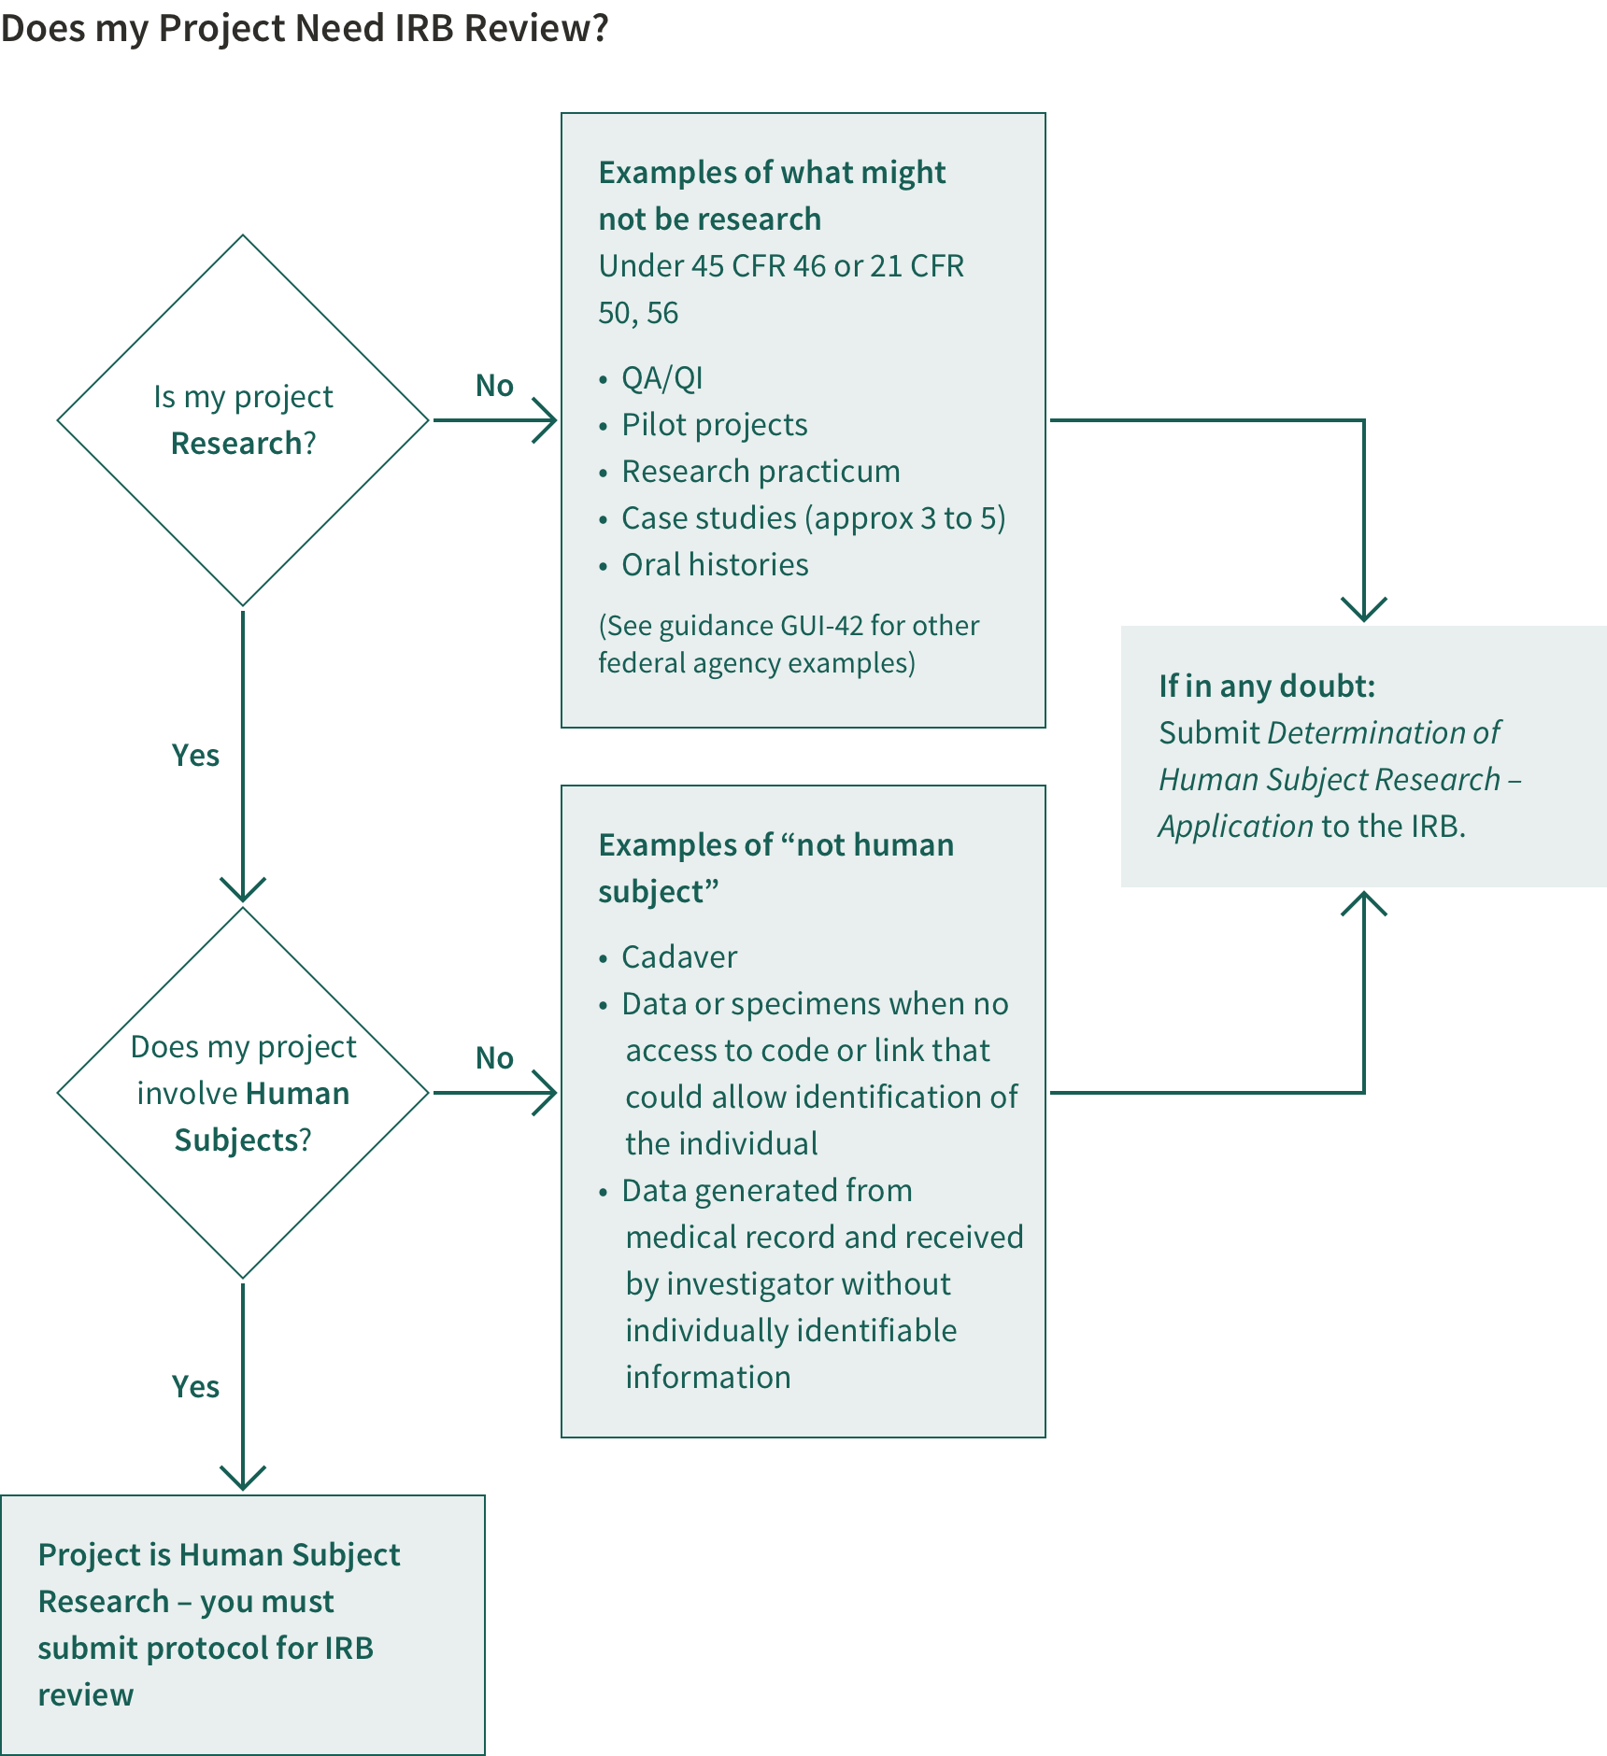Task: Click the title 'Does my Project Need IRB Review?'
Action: tap(305, 28)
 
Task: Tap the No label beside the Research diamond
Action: tap(494, 385)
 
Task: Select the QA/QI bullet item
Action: tap(661, 378)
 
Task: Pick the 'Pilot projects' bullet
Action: tap(714, 425)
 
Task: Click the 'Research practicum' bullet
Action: tap(761, 472)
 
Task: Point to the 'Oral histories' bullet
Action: tap(715, 565)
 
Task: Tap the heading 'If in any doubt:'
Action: tap(1266, 687)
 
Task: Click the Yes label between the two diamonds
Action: tap(195, 755)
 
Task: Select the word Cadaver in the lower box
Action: tap(679, 957)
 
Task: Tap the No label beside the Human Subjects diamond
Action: tap(494, 1057)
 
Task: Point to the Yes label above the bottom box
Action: tap(195, 1386)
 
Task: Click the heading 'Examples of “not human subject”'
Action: tap(775, 867)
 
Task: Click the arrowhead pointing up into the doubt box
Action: tap(1364, 902)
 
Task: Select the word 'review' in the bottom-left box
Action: tap(86, 1694)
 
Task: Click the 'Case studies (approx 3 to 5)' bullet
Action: tap(813, 518)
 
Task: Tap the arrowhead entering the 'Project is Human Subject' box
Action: tap(243, 1478)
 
